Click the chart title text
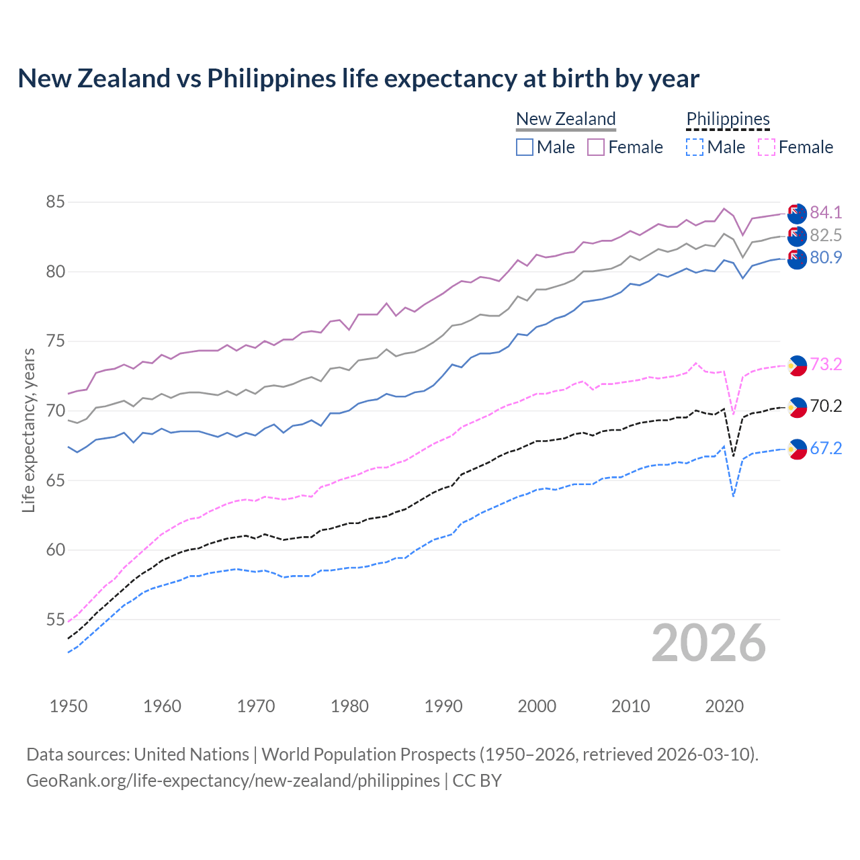coord(358,79)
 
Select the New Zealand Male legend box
coord(525,147)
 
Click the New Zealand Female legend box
coord(596,147)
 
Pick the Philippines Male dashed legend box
coord(695,147)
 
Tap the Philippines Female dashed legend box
coord(767,147)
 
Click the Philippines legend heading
coord(728,119)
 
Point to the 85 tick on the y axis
coord(55,202)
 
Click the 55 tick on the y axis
coord(55,619)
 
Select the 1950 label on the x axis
coord(69,706)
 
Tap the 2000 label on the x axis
coord(537,706)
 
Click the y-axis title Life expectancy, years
coord(28,430)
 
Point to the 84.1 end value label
coord(826,213)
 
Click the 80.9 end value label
coord(826,258)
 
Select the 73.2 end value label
coord(826,365)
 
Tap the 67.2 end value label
coord(826,449)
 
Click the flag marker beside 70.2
coord(797,407)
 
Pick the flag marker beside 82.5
coord(797,236)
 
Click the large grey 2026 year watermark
coord(709,643)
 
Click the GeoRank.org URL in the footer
coord(233,781)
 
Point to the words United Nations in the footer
coord(191,755)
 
